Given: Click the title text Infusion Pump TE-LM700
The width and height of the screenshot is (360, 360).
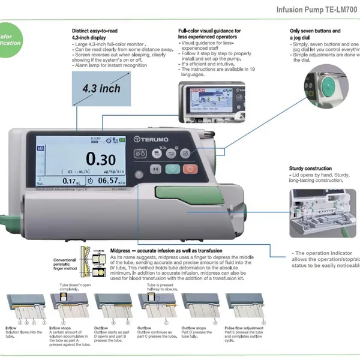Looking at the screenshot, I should (317, 10).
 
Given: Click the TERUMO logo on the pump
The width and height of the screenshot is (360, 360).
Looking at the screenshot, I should (153, 139).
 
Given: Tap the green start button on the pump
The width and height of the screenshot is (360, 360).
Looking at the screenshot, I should (172, 170).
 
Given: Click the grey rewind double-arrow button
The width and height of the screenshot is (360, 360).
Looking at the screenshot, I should (155, 170).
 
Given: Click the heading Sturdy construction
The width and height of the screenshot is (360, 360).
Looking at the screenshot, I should (310, 169).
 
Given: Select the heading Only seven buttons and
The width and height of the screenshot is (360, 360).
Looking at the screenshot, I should (315, 31).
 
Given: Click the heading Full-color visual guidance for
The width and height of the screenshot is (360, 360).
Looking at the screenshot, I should (209, 31).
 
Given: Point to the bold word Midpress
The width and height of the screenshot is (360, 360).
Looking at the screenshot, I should (125, 250).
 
